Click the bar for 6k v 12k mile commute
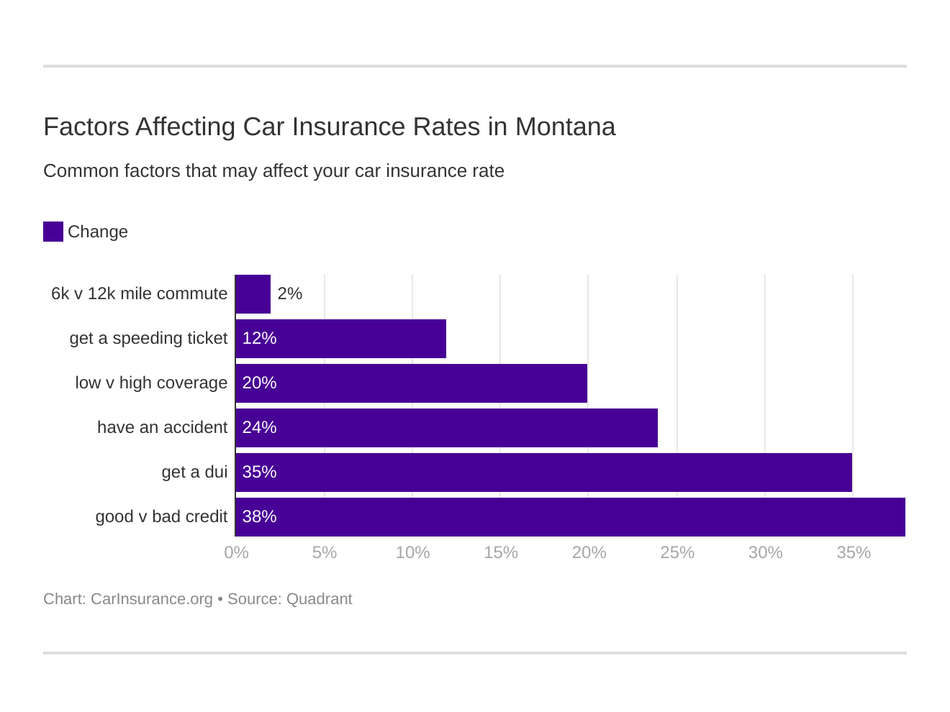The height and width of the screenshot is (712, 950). (253, 294)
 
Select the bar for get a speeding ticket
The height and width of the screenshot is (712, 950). (341, 339)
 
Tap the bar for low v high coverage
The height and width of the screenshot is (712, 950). (412, 383)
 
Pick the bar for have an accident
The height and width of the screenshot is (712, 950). (447, 428)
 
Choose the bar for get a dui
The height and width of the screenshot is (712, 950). (544, 473)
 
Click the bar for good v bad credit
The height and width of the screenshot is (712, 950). (570, 517)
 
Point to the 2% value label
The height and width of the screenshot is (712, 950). (289, 293)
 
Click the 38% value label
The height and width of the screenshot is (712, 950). (259, 516)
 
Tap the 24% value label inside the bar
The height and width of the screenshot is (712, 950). (259, 427)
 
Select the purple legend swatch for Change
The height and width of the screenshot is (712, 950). (53, 232)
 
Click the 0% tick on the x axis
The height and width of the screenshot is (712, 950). (236, 552)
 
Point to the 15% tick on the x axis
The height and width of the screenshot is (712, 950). (501, 552)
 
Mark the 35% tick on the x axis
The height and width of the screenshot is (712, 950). (854, 552)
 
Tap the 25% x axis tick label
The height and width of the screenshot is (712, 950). (677, 552)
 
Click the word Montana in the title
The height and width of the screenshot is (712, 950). (565, 127)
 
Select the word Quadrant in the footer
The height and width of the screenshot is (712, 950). (319, 599)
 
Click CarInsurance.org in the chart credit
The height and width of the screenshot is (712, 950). (151, 599)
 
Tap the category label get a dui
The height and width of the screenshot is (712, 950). (194, 472)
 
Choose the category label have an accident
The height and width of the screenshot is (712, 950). (162, 427)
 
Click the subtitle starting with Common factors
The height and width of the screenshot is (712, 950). (273, 171)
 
